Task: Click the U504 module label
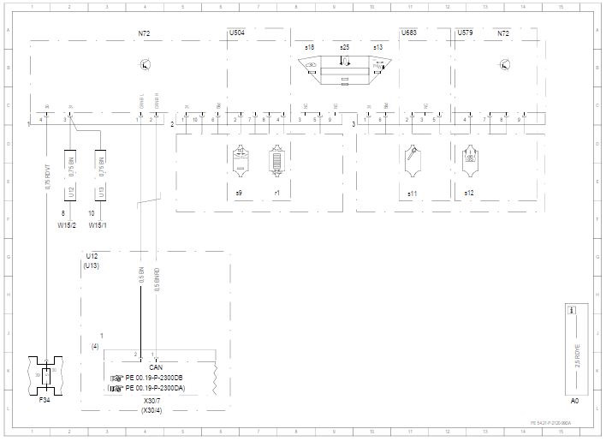pyautogui.click(x=237, y=33)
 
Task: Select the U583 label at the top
pyautogui.click(x=409, y=33)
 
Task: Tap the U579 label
pyautogui.click(x=465, y=33)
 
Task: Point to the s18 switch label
pyautogui.click(x=309, y=46)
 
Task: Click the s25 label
pyautogui.click(x=344, y=46)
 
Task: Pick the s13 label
pyautogui.click(x=377, y=46)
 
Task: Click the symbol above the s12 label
pyautogui.click(x=469, y=159)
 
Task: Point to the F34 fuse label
pyautogui.click(x=45, y=400)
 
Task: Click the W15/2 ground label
pyautogui.click(x=67, y=226)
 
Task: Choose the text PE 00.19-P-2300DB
pyautogui.click(x=154, y=378)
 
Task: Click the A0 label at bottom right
pyautogui.click(x=575, y=400)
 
